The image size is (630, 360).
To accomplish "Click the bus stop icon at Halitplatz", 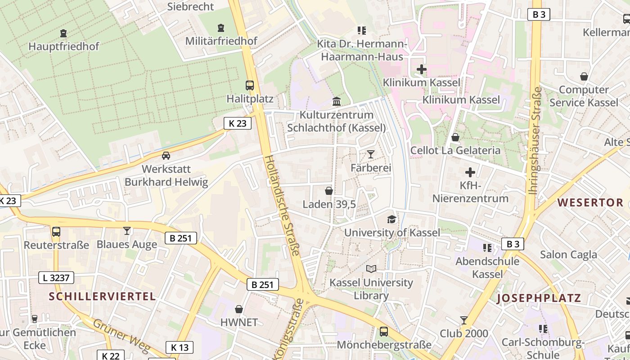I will [249, 85].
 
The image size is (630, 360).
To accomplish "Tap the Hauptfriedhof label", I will [63, 46].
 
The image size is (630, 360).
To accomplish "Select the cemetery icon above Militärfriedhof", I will [220, 28].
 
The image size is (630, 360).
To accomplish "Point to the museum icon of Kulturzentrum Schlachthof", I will [336, 101].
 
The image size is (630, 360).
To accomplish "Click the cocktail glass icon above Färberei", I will [370, 154].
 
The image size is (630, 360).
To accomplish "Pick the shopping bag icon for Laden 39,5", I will [329, 191].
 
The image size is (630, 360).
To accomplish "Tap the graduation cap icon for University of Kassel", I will [392, 219].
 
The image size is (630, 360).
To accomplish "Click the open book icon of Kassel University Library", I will [371, 269].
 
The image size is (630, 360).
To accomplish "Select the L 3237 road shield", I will [56, 278].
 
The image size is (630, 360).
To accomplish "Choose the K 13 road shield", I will [180, 347].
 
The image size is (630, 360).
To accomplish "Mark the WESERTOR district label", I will [590, 202].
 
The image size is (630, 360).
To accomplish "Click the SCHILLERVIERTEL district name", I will [102, 296].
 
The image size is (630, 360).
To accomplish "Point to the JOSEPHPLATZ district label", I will [539, 298].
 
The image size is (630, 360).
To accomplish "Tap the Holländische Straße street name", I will [282, 205].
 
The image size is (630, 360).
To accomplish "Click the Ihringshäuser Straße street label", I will [535, 141].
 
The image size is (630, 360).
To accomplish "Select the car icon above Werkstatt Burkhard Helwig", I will [166, 156].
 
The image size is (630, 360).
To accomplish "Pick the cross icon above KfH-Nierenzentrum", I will [470, 172].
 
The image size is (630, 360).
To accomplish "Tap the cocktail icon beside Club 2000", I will [463, 320].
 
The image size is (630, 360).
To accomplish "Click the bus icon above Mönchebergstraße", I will [383, 332].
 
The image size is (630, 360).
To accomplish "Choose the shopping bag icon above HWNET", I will [239, 309].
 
